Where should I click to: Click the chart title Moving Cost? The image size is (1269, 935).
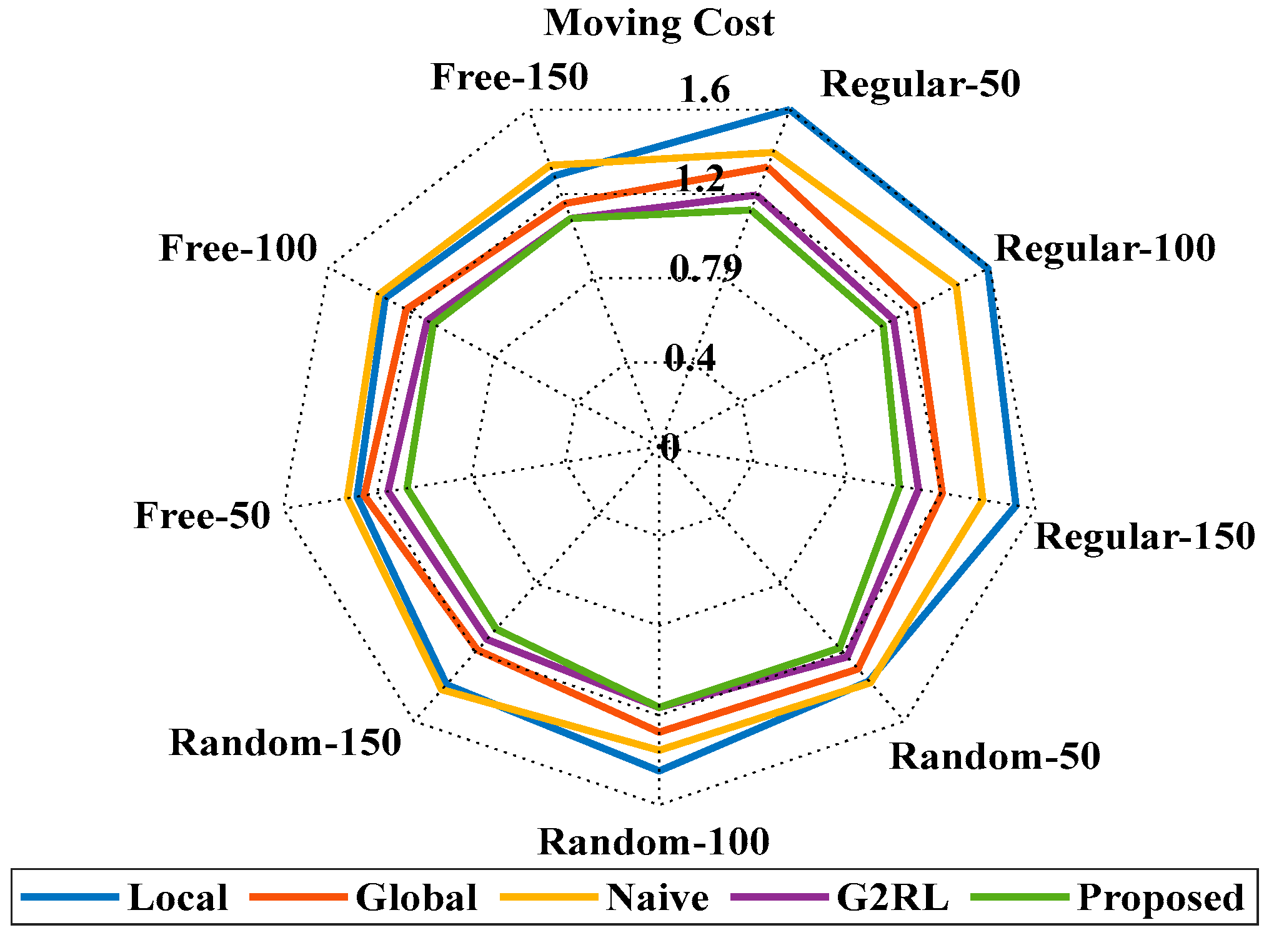click(x=659, y=23)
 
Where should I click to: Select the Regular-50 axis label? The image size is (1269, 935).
click(x=920, y=84)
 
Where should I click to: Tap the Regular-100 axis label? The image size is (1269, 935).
click(x=1105, y=248)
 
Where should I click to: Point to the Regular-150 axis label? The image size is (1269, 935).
click(x=1145, y=536)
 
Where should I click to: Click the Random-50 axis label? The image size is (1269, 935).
click(x=995, y=756)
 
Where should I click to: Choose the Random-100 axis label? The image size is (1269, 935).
click(x=654, y=842)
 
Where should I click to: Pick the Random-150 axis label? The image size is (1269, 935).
click(x=285, y=743)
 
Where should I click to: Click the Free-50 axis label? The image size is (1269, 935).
click(x=202, y=516)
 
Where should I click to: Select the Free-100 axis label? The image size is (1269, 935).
click(x=238, y=248)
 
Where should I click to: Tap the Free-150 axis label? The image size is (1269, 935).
click(x=509, y=77)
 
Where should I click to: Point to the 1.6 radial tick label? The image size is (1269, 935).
click(x=704, y=89)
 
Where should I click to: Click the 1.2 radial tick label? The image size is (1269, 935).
click(x=700, y=179)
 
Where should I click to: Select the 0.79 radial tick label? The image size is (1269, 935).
click(x=706, y=268)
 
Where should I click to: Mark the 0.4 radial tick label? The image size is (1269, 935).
click(x=690, y=358)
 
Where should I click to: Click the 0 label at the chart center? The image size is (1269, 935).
click(x=669, y=447)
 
